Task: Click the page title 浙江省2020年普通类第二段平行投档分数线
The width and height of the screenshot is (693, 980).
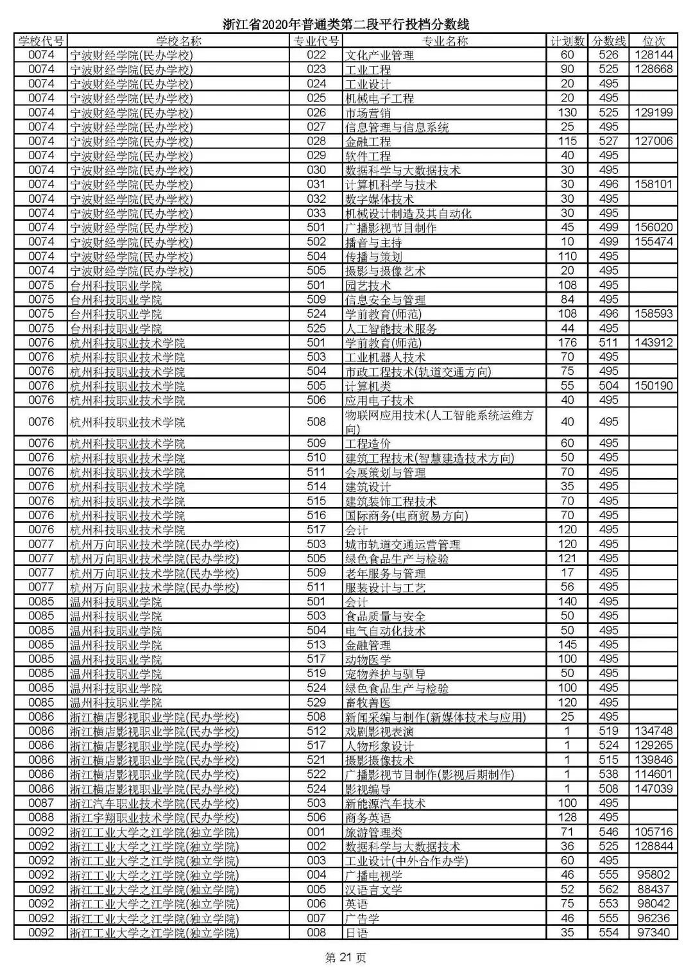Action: [346, 25]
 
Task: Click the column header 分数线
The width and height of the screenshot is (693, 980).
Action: [608, 41]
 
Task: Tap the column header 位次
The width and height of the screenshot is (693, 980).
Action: [653, 41]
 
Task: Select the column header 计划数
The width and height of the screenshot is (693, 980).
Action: [567, 41]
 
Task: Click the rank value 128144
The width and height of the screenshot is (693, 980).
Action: [653, 55]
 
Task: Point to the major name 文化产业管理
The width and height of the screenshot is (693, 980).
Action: [379, 56]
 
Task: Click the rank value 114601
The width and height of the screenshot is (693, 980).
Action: [653, 774]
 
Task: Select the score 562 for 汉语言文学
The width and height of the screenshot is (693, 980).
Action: [608, 890]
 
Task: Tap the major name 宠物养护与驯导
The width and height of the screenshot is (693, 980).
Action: [385, 674]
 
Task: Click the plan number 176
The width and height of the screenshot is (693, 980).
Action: [567, 343]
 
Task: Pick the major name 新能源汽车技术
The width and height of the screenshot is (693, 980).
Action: [385, 804]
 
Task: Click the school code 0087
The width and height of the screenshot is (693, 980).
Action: [42, 803]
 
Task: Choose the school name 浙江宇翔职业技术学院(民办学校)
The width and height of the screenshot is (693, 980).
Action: [154, 818]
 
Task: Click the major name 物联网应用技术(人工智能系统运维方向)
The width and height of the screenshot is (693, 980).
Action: [439, 422]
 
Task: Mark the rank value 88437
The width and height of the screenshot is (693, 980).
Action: [653, 890]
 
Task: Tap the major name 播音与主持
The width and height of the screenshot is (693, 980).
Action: [373, 243]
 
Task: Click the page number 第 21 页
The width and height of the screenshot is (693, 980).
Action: [346, 958]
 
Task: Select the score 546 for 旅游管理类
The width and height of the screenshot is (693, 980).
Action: [608, 832]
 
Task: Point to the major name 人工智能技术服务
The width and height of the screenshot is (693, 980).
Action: [391, 329]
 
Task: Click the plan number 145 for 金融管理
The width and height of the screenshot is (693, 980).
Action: [567, 645]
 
